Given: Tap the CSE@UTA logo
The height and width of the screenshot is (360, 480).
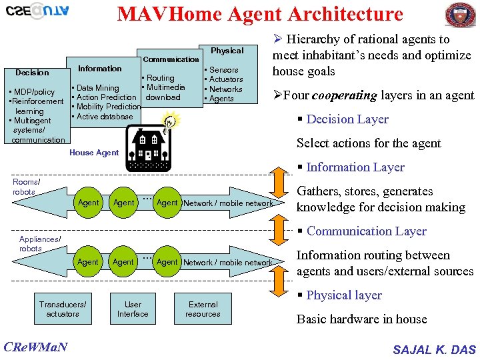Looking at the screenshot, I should [37, 11].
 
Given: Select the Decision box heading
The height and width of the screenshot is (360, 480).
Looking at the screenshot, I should [32, 73].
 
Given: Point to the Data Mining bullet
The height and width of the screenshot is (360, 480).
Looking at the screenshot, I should [97, 88].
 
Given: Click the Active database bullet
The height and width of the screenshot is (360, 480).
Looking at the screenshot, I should [104, 117].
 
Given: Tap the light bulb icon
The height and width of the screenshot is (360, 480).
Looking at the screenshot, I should [171, 121].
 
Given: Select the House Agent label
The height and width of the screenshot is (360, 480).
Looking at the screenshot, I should [94, 153].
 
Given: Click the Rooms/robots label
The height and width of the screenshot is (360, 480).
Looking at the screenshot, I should [26, 187].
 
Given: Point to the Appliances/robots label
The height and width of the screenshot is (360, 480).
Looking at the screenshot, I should [40, 243].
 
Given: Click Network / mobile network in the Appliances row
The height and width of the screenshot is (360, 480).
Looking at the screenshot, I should [227, 263].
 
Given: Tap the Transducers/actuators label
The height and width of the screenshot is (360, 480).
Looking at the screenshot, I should [63, 309].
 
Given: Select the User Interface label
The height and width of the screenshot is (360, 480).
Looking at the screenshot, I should [133, 309].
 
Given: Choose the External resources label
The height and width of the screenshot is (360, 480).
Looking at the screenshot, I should [203, 309].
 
